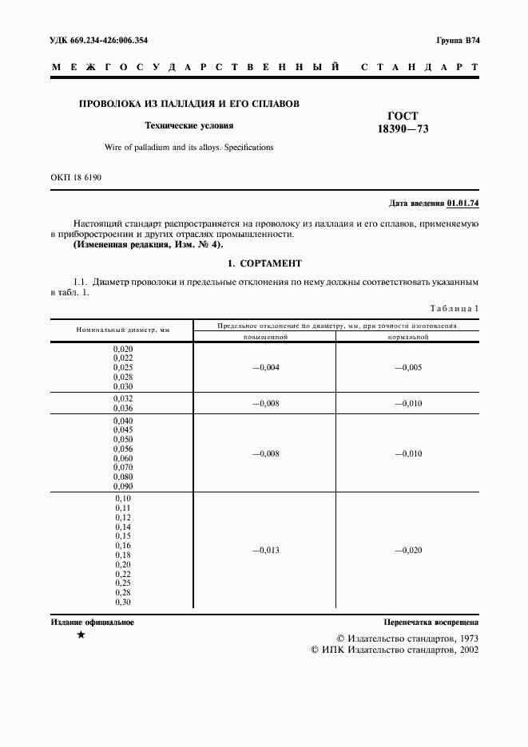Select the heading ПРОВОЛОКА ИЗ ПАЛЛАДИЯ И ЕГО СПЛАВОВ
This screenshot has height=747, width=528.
188,104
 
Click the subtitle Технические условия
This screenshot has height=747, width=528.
189,125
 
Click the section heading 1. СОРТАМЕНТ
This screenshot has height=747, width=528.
264,263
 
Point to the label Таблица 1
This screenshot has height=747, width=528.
454,308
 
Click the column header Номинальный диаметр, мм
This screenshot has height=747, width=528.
123,330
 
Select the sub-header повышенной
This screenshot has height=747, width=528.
265,337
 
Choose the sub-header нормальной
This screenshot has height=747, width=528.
407,337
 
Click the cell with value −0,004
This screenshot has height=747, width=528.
265,367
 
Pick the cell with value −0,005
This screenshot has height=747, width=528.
407,367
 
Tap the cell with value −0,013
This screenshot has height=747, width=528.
265,551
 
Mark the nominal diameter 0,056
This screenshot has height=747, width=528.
123,449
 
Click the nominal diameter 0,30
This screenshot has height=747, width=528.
123,603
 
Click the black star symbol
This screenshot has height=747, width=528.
81,636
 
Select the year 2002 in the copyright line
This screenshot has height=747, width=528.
464,650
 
